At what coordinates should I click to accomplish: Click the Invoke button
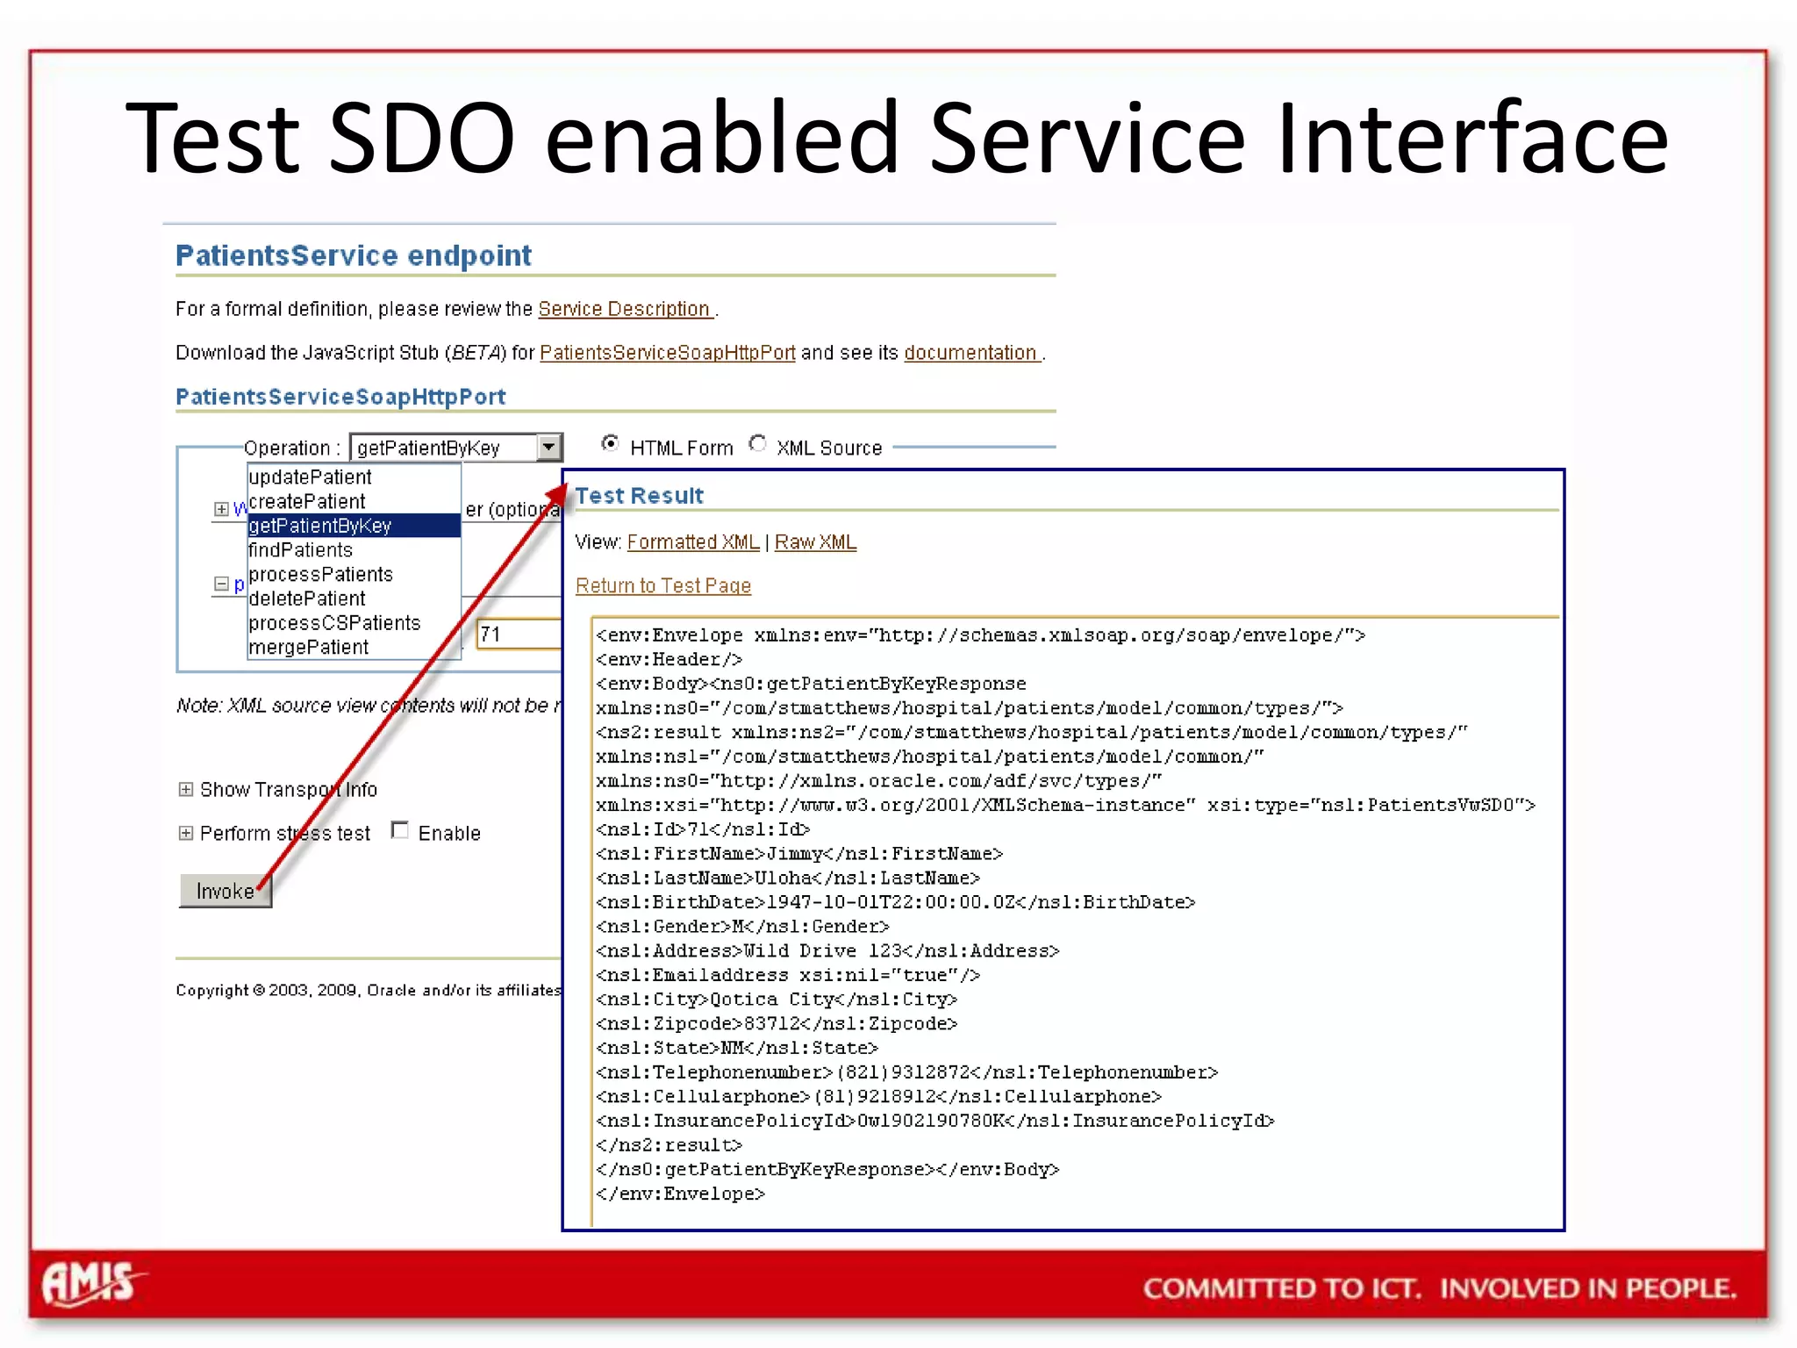[x=225, y=891]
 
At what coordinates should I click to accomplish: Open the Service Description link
[x=624, y=309]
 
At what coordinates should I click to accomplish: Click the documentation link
[x=970, y=353]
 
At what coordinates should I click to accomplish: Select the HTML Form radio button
[x=610, y=444]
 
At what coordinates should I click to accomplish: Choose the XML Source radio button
[x=758, y=444]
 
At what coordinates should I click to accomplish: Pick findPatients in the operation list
[x=300, y=550]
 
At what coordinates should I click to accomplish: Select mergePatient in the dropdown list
[x=308, y=648]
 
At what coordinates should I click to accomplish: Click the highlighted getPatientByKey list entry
[x=320, y=526]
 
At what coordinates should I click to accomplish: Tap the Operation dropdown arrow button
[x=549, y=448]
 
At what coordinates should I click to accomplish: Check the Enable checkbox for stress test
[x=400, y=830]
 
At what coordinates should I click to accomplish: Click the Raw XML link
[x=815, y=542]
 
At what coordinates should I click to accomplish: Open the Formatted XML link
[x=693, y=542]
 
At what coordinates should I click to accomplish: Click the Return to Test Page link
[x=663, y=585]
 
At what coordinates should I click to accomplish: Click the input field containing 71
[x=518, y=635]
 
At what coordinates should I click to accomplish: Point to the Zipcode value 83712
[x=771, y=1024]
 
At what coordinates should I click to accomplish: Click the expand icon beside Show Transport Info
[x=186, y=789]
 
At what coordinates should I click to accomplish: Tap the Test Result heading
[x=639, y=496]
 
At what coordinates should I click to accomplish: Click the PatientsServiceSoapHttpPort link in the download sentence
[x=667, y=353]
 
